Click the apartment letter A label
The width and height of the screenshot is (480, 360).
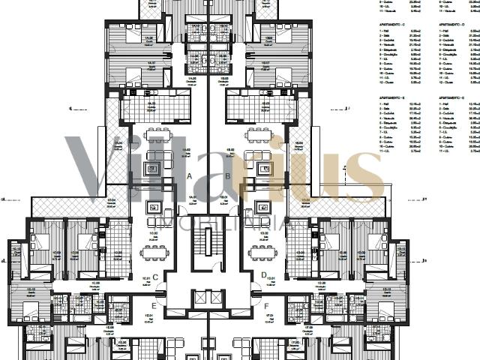coord(190,176)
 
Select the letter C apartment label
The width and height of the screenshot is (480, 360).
coord(155,277)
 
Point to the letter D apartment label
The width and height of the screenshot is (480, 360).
coord(264,275)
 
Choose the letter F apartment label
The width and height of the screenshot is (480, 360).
coord(265,305)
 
